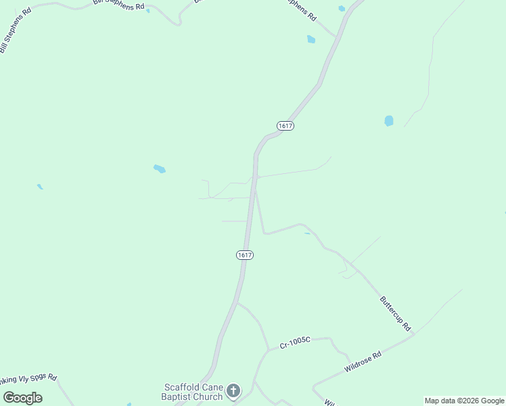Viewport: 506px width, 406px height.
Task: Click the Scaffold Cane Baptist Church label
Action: [x=193, y=392]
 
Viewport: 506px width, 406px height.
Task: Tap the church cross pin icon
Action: [x=233, y=390]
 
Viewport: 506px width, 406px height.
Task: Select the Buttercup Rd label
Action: [x=395, y=312]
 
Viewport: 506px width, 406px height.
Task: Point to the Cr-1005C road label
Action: [x=294, y=344]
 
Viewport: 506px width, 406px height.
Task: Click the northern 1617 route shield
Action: [x=285, y=126]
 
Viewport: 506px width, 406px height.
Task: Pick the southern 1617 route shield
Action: [x=245, y=254]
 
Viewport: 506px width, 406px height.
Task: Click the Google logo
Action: [x=23, y=398]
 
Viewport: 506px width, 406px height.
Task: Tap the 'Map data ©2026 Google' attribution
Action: [x=464, y=401]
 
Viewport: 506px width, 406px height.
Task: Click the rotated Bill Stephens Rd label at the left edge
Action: [x=15, y=32]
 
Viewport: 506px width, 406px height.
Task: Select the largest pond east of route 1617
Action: [x=389, y=121]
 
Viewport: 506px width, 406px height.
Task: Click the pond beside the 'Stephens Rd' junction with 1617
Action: [x=311, y=39]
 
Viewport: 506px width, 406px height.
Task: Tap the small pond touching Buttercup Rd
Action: [x=307, y=233]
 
